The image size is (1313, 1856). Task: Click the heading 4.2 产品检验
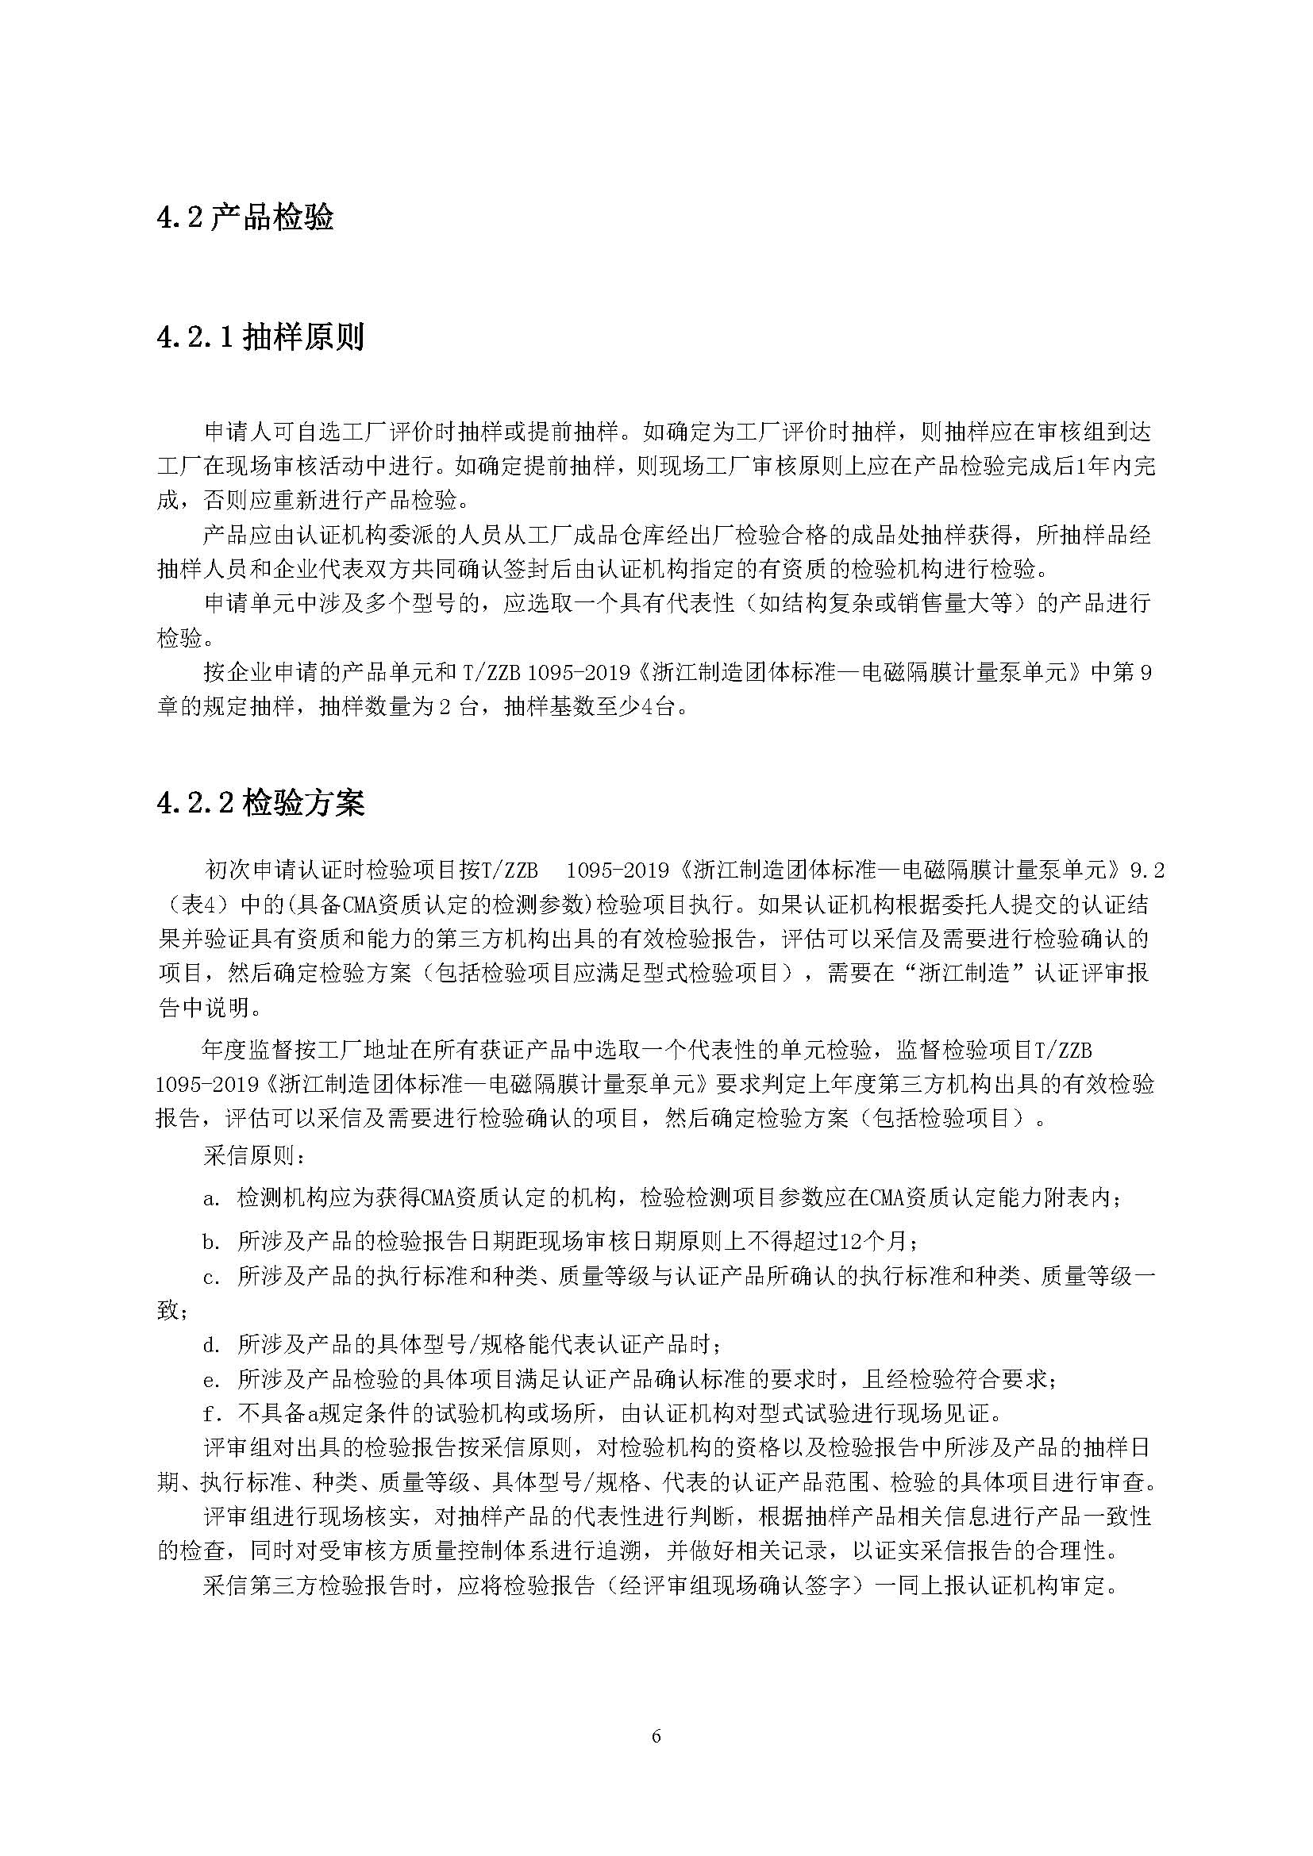point(245,218)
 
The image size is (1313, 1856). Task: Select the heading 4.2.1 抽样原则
point(260,337)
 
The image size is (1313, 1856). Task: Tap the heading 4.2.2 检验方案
point(260,803)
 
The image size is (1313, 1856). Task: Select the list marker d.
point(213,1344)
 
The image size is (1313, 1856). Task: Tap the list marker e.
point(213,1379)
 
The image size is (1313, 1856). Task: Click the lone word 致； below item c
point(172,1310)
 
